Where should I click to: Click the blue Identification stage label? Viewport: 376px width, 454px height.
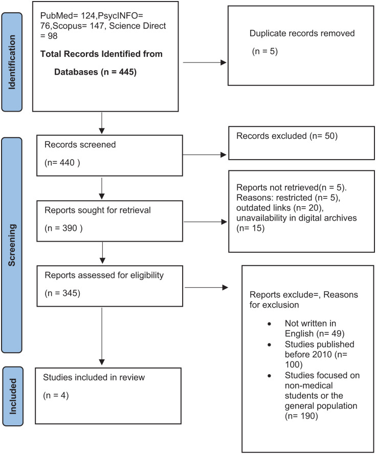pyautogui.click(x=12, y=62)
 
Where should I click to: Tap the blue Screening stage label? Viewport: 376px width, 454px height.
pyautogui.click(x=12, y=245)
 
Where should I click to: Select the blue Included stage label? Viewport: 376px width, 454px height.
pyautogui.click(x=13, y=396)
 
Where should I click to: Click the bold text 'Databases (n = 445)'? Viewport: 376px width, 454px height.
pyautogui.click(x=95, y=72)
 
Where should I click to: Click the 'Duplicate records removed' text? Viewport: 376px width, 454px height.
pyautogui.click(x=302, y=33)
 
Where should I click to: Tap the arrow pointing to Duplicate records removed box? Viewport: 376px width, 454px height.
pyautogui.click(x=204, y=62)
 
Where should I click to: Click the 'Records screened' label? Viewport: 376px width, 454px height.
pyautogui.click(x=80, y=144)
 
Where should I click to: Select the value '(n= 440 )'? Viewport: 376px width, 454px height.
pyautogui.click(x=62, y=163)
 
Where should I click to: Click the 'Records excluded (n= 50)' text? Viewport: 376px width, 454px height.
pyautogui.click(x=287, y=136)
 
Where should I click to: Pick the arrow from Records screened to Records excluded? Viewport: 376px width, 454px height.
pyautogui.click(x=204, y=155)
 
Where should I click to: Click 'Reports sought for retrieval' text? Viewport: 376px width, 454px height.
pyautogui.click(x=98, y=210)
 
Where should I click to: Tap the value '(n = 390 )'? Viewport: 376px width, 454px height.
pyautogui.click(x=63, y=228)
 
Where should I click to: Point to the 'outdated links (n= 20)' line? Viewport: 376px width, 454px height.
pyautogui.click(x=280, y=208)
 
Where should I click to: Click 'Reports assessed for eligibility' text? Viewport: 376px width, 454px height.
pyautogui.click(x=104, y=275)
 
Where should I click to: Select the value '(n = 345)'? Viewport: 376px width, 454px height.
pyautogui.click(x=62, y=293)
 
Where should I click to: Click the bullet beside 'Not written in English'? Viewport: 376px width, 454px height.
pyautogui.click(x=269, y=323)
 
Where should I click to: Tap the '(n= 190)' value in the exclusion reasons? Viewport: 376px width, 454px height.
pyautogui.click(x=301, y=416)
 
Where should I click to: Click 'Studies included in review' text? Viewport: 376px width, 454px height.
pyautogui.click(x=94, y=377)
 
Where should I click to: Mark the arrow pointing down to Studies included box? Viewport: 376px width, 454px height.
pyautogui.click(x=102, y=336)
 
